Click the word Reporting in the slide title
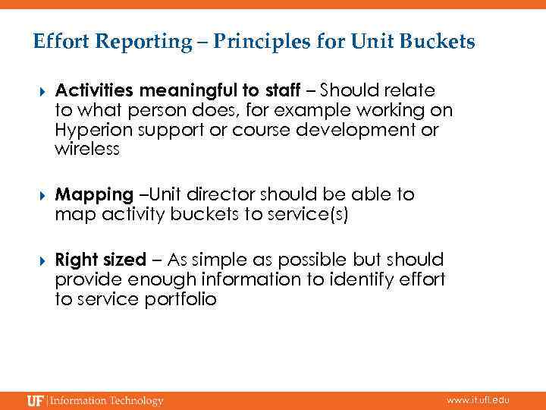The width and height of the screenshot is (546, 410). (x=145, y=42)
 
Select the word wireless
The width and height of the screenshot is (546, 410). (x=87, y=149)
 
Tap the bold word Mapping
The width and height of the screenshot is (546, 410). (x=93, y=195)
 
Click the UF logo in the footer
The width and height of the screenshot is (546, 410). (x=35, y=400)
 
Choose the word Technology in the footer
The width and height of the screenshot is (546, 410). (x=136, y=400)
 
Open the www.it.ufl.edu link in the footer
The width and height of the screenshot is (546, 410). (x=478, y=400)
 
